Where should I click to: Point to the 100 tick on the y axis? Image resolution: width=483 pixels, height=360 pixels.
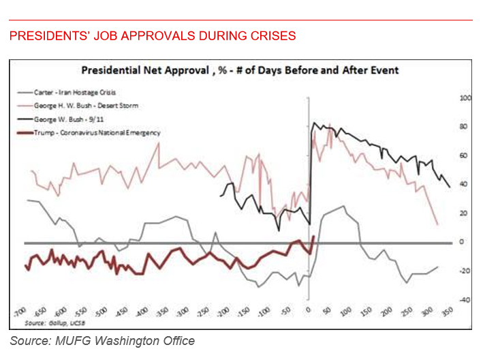point(466,99)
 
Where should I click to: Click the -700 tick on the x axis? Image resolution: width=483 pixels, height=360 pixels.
point(22,311)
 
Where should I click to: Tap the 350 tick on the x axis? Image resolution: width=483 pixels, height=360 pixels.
point(448,311)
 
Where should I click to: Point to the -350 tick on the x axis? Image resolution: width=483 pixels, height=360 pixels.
point(162,311)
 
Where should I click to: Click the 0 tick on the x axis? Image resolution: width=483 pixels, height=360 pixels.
point(309,311)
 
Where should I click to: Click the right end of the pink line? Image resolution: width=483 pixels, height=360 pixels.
point(437,224)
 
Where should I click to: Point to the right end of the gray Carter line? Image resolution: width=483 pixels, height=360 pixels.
point(437,267)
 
